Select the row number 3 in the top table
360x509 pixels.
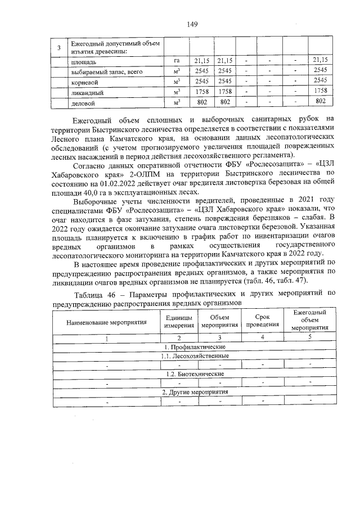point(59,48)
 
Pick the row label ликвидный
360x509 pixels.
point(87,93)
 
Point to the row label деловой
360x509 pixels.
point(83,103)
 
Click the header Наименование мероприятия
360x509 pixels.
point(106,322)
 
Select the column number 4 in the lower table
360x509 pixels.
point(262,337)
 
